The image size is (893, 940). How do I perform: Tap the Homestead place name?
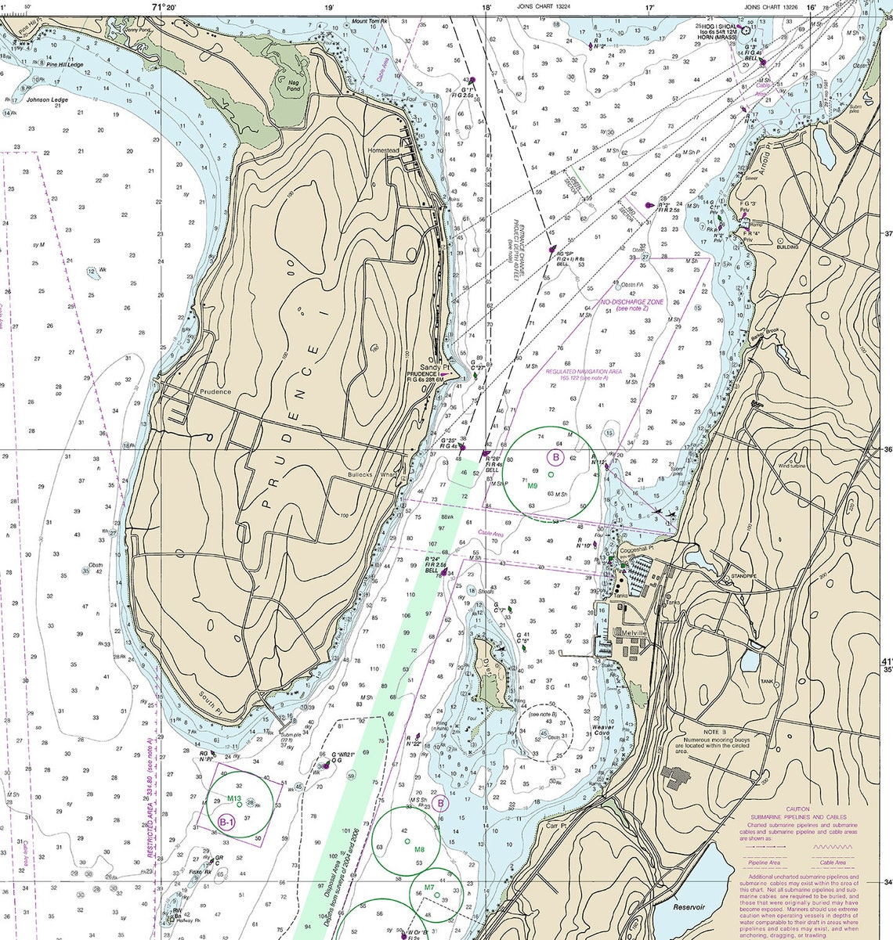click(384, 150)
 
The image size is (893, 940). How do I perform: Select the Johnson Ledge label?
click(46, 100)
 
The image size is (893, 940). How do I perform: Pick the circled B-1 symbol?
click(227, 821)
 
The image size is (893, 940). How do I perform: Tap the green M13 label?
click(233, 798)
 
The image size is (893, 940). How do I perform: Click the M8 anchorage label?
click(419, 849)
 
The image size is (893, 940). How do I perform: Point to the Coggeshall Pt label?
click(635, 548)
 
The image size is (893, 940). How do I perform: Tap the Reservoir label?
click(689, 906)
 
